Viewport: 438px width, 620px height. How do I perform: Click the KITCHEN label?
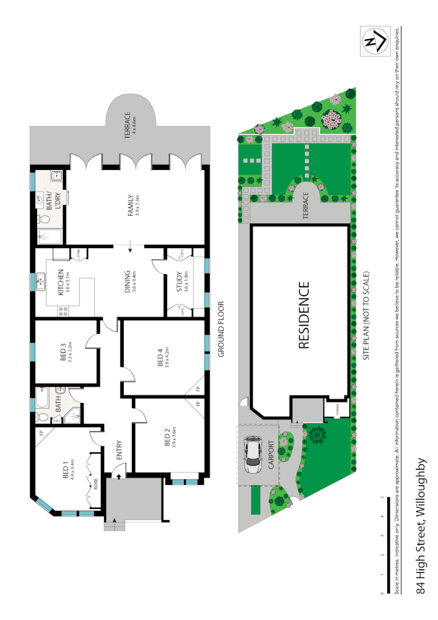[x=61, y=281]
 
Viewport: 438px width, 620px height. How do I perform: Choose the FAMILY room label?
[x=131, y=204]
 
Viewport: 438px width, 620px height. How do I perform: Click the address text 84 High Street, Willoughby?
[x=422, y=526]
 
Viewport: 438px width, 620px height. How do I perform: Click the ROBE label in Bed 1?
[x=96, y=483]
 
